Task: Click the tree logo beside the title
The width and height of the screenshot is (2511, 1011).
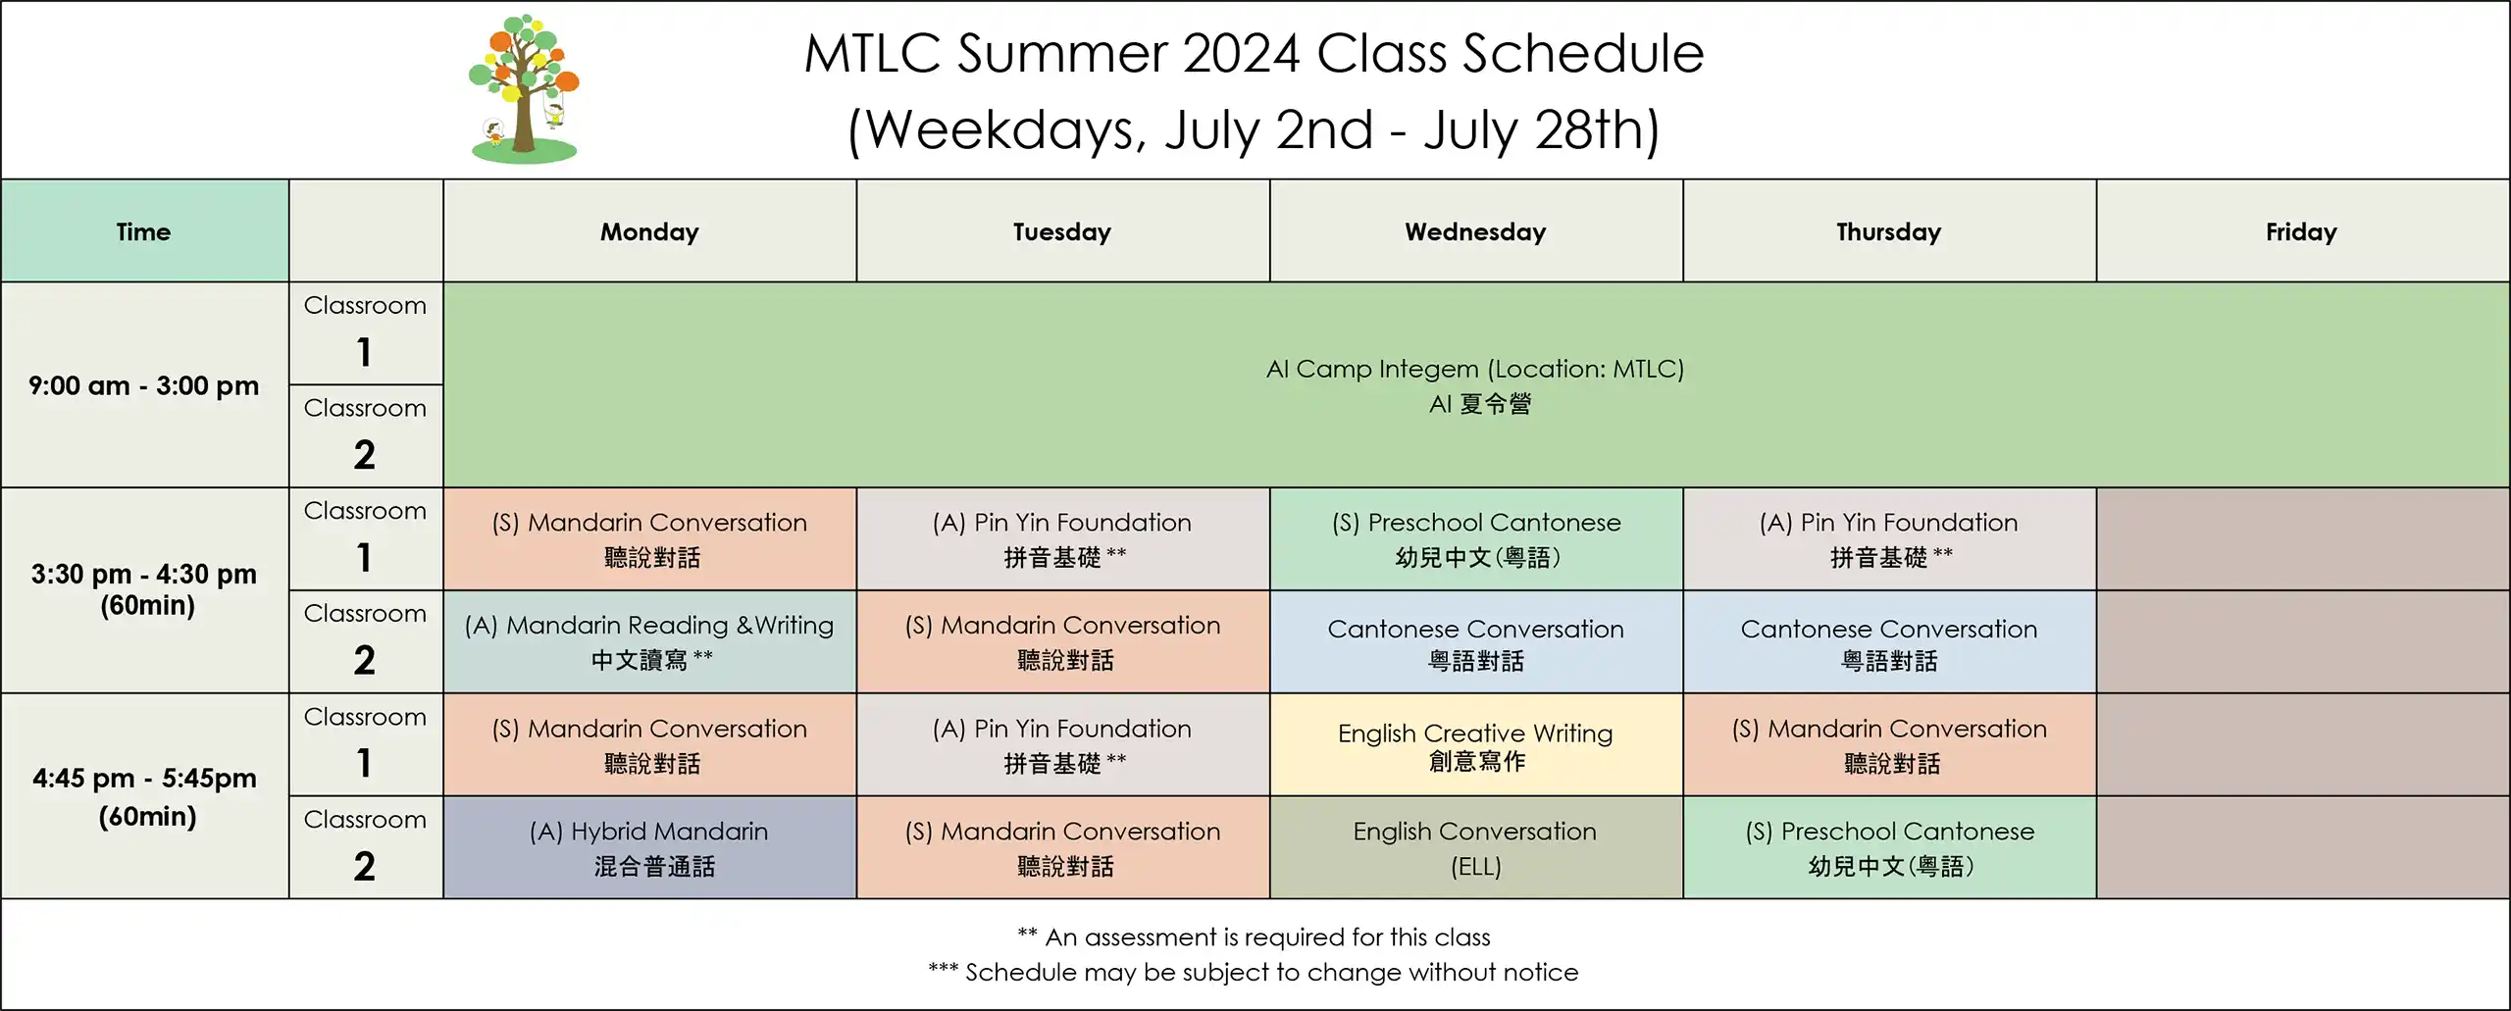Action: [524, 88]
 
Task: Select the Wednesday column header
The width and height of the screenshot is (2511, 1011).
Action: [1475, 231]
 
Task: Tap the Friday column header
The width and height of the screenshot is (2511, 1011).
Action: [2302, 231]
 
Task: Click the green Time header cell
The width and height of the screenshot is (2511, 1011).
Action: [144, 231]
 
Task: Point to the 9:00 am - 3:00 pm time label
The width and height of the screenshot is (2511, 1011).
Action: [144, 385]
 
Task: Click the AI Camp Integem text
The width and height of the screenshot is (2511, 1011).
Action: [1475, 369]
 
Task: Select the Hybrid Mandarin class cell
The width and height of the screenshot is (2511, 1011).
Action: [649, 847]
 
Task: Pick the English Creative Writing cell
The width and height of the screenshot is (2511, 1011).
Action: [1475, 744]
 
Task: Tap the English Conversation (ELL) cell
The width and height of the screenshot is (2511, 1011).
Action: [1475, 847]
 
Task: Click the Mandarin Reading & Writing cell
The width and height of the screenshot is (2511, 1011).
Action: [649, 641]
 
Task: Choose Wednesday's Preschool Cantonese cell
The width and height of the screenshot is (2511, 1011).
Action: [1475, 539]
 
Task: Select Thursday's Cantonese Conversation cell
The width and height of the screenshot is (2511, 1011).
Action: [1889, 641]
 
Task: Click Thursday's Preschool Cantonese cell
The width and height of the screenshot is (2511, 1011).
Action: [1889, 847]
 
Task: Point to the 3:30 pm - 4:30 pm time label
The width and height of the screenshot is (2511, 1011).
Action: [144, 588]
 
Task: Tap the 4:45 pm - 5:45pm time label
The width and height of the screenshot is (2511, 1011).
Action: [144, 796]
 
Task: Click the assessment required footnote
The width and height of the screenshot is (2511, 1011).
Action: [1254, 936]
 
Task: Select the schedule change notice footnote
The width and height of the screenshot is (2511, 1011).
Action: [1254, 972]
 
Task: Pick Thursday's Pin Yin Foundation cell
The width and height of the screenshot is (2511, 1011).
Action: [1889, 539]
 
